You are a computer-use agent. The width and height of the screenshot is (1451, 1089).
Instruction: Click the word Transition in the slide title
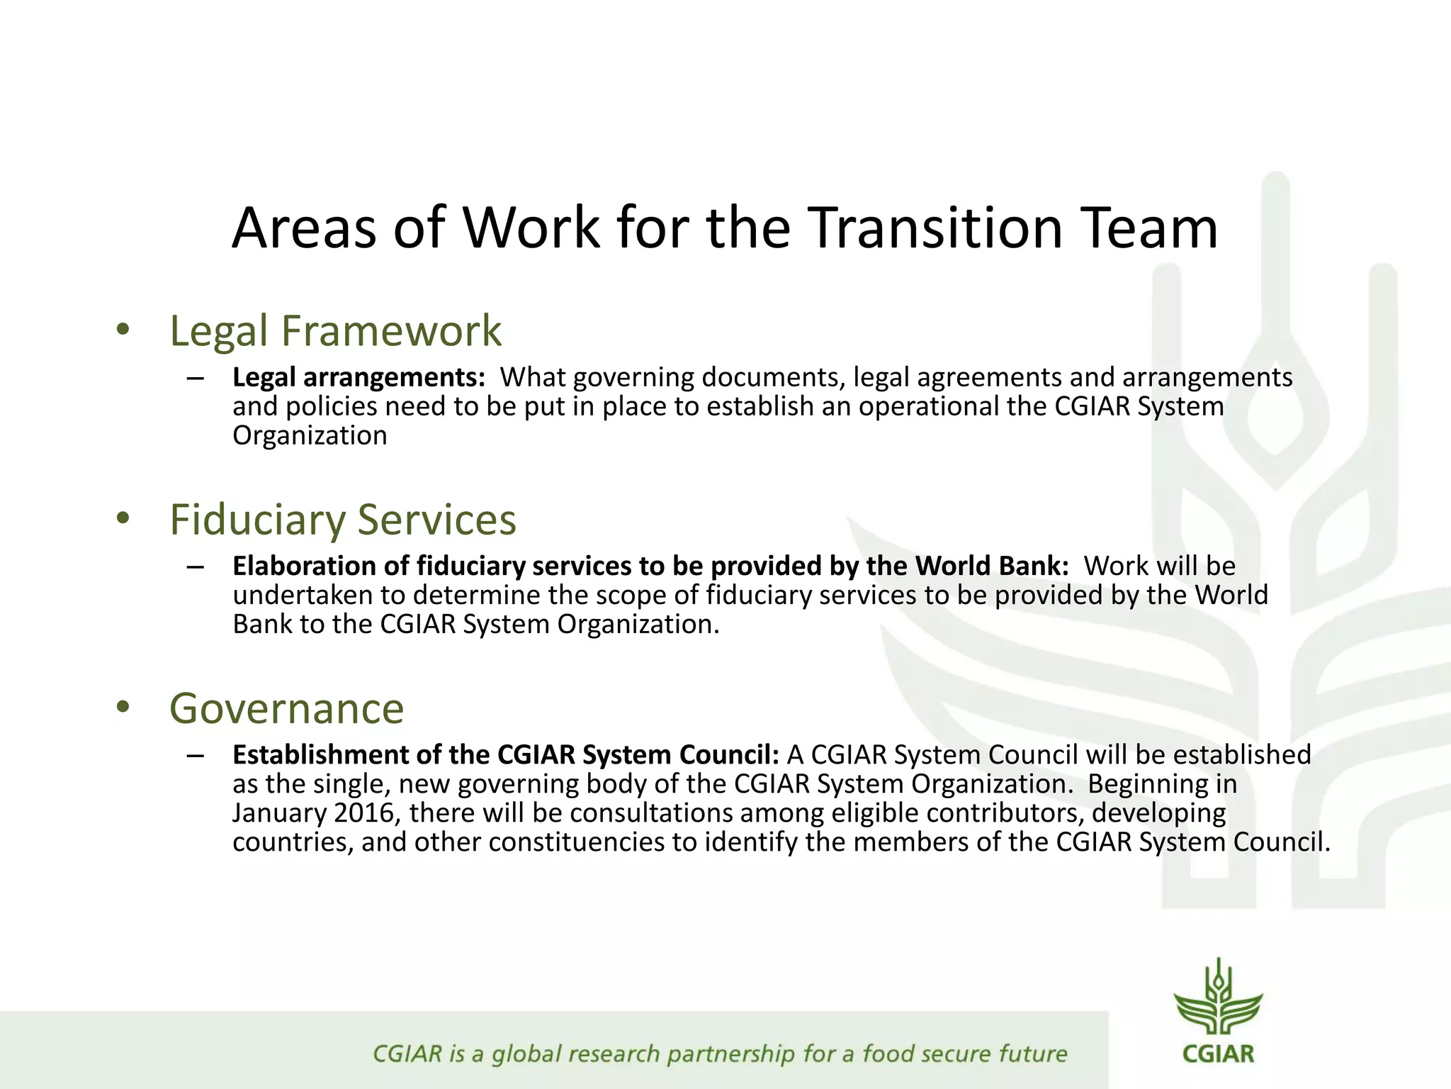click(x=935, y=228)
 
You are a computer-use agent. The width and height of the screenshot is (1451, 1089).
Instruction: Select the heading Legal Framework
click(x=335, y=331)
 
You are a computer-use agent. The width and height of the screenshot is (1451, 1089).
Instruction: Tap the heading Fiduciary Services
click(x=343, y=520)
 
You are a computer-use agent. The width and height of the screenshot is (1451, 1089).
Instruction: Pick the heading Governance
click(x=286, y=708)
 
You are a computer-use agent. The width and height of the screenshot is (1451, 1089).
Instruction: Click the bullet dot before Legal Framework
click(x=124, y=330)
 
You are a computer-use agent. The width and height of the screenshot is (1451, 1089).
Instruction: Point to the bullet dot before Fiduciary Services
click(x=124, y=518)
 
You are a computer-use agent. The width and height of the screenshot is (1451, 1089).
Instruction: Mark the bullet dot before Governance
click(x=124, y=707)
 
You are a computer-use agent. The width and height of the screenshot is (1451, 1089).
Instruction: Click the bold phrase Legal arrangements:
click(x=358, y=377)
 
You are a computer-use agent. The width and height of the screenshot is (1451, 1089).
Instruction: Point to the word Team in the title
click(x=1153, y=228)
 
